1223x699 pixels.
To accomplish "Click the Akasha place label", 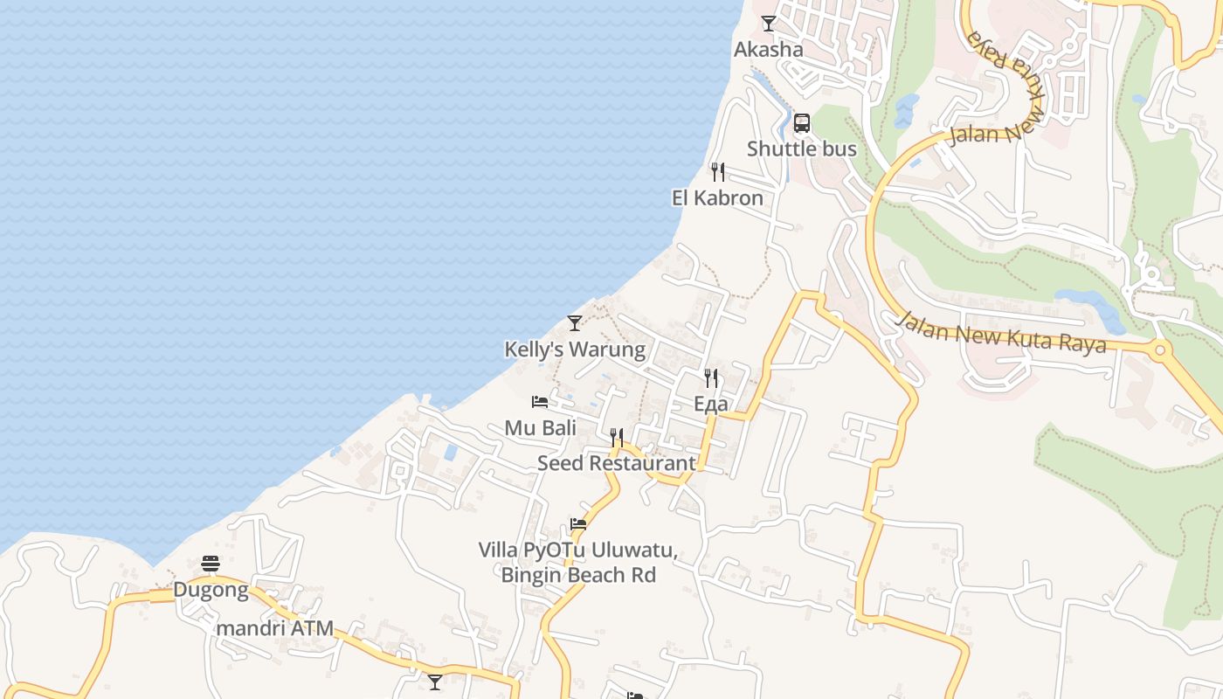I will [768, 50].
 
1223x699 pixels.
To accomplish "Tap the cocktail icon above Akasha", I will [769, 24].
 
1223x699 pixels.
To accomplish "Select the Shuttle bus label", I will [801, 149].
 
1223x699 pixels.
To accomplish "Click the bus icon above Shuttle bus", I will [802, 123].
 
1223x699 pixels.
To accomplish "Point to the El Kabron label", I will [717, 198].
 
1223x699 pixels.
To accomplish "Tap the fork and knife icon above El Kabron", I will [718, 171].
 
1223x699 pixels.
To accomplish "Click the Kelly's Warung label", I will [575, 350].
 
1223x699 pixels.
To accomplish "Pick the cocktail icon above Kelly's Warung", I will [575, 323].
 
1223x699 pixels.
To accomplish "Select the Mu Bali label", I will [541, 428].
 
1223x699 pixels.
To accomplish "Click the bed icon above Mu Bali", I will [540, 402].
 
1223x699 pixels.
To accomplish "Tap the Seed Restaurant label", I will [617, 463].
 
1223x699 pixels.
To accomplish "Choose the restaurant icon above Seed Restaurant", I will [617, 437].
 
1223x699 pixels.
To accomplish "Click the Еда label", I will [711, 405].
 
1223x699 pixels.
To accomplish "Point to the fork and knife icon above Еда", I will [711, 378].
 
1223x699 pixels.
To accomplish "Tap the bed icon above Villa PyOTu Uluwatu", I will [578, 524].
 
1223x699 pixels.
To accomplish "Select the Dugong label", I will [211, 591].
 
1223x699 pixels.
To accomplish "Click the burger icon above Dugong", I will [211, 564].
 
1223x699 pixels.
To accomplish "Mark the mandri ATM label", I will [275, 628].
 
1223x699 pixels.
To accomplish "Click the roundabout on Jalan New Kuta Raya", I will [1161, 351].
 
